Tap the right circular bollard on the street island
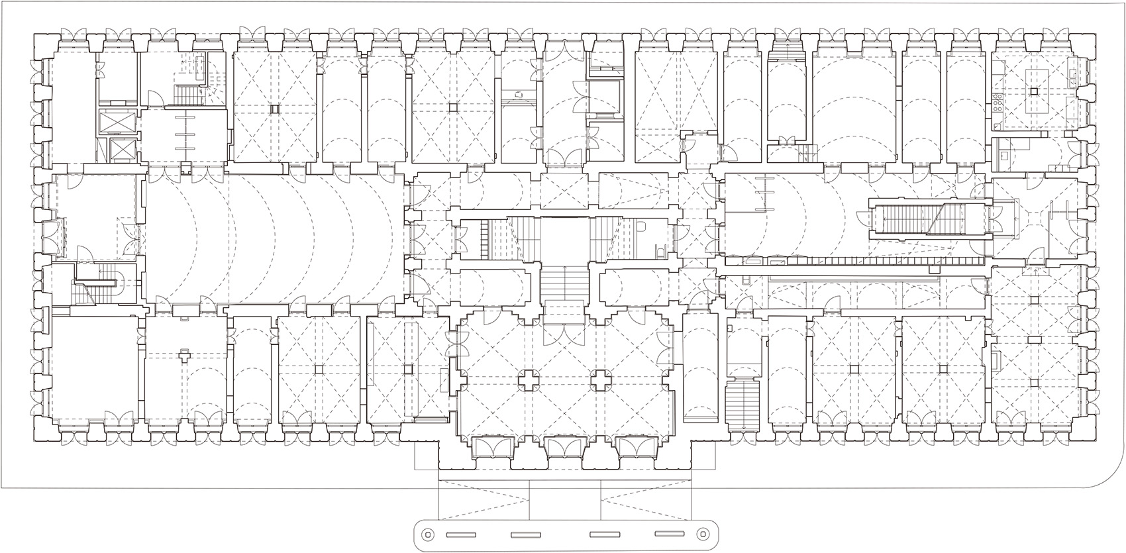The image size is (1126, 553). pyautogui.click(x=700, y=534)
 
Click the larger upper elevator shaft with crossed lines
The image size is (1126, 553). pyautogui.click(x=117, y=123)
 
